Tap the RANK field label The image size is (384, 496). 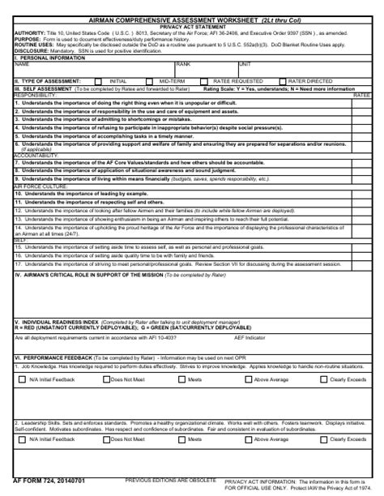(183, 63)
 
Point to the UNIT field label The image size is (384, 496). (245, 63)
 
